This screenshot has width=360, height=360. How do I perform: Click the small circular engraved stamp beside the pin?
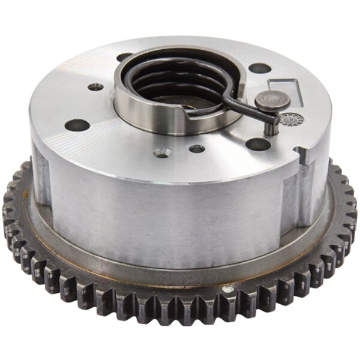(x=295, y=118)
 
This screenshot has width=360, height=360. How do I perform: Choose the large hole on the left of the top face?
(x=77, y=125)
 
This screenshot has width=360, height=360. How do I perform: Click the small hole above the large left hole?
(x=95, y=87)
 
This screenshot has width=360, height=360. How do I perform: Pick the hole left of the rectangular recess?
(x=258, y=68)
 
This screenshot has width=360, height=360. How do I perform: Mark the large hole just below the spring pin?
(x=257, y=144)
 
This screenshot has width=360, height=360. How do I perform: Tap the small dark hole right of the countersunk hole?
(x=196, y=148)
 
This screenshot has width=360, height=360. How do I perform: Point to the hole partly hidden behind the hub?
(x=125, y=58)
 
